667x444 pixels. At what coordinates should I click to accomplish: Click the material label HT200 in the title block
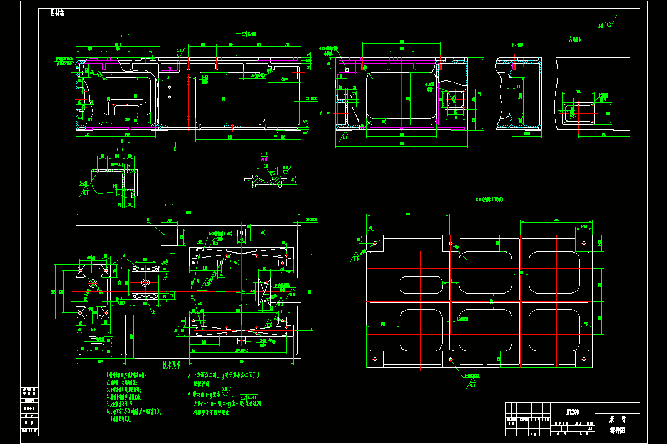tap(571, 411)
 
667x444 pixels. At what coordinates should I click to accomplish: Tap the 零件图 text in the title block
tap(617, 430)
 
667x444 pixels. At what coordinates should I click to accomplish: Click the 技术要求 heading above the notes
tap(173, 365)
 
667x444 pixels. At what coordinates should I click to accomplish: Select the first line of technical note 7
tap(222, 375)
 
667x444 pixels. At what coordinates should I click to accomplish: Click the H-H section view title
tap(517, 45)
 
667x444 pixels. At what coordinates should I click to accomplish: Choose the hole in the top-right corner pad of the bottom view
tap(584, 243)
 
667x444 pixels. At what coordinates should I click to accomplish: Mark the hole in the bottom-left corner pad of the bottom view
tap(375, 359)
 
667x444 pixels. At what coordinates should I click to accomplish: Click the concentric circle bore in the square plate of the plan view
tap(145, 282)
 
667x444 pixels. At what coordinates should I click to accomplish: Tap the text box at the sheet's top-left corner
tap(57, 13)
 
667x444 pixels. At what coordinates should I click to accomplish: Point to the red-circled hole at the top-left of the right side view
tap(347, 70)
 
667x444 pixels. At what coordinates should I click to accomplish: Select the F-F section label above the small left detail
tap(120, 150)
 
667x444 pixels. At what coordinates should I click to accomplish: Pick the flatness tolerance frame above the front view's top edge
tap(252, 34)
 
